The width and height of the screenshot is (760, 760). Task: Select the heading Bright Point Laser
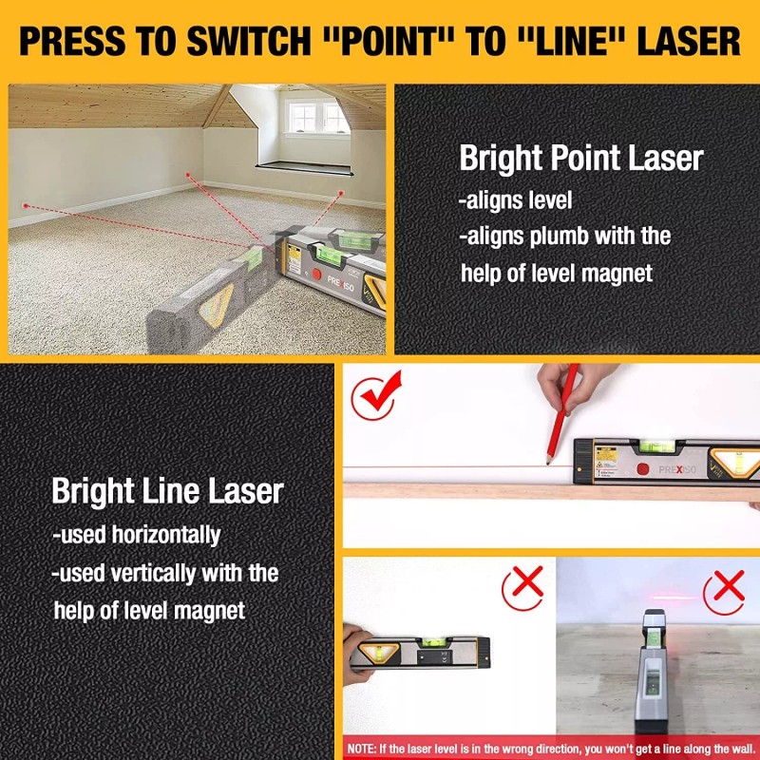[x=581, y=158]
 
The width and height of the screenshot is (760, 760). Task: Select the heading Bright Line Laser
[x=167, y=491]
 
